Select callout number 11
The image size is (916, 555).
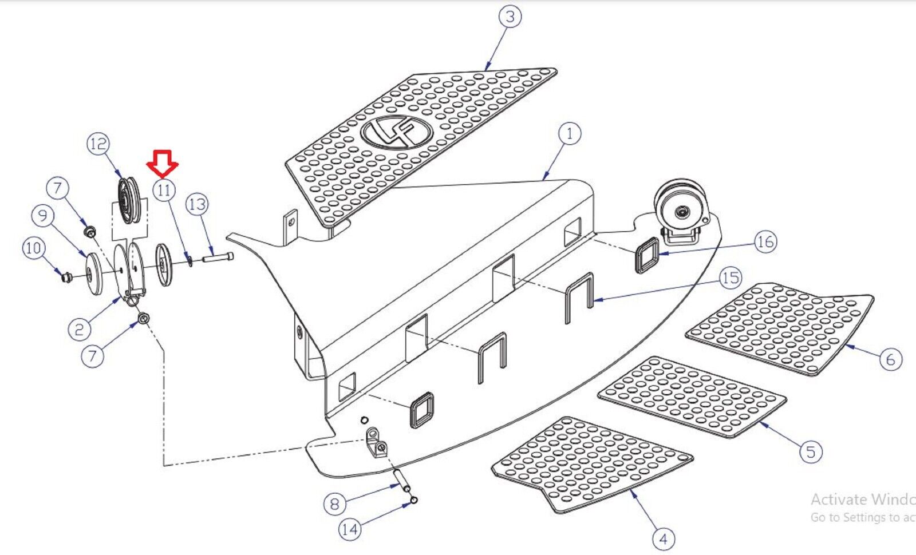pos(164,189)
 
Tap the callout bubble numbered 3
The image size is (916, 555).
pos(510,17)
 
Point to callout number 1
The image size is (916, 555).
pos(569,134)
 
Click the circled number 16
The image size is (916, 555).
pos(765,242)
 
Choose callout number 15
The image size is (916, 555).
pos(730,279)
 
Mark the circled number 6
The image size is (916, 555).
pos(890,359)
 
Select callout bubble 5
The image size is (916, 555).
pos(811,451)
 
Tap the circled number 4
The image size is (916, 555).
pos(663,538)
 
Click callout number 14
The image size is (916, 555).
pos(350,529)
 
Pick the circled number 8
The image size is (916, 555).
pos(335,504)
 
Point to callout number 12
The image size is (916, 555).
pos(98,144)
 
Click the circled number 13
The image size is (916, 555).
pos(197,204)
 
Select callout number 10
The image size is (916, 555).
pos(33,248)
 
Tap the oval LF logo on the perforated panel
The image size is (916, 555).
pos(396,133)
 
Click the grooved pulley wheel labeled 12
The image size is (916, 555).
pos(125,201)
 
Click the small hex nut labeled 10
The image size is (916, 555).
pos(66,278)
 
